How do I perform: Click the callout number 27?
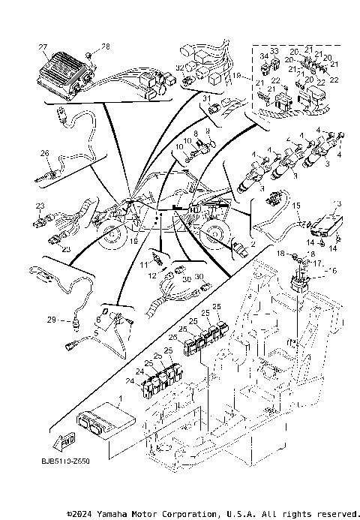[x=43, y=47]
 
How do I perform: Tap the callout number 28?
[x=105, y=47]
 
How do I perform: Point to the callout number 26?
[x=44, y=152]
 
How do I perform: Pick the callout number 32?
[x=179, y=68]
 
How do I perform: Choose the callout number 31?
[x=206, y=98]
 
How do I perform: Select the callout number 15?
[x=295, y=205]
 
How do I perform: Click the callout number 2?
[x=253, y=245]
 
